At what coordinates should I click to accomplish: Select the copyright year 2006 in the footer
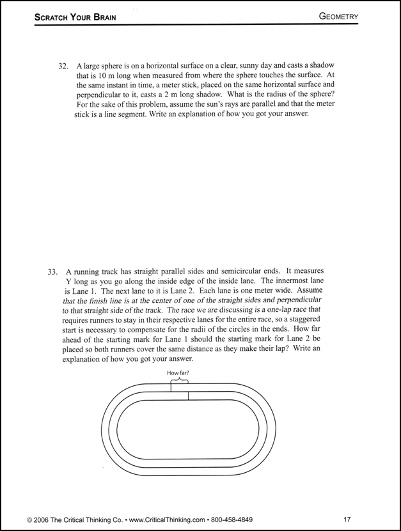point(46,519)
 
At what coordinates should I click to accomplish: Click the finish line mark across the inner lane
point(188,396)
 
